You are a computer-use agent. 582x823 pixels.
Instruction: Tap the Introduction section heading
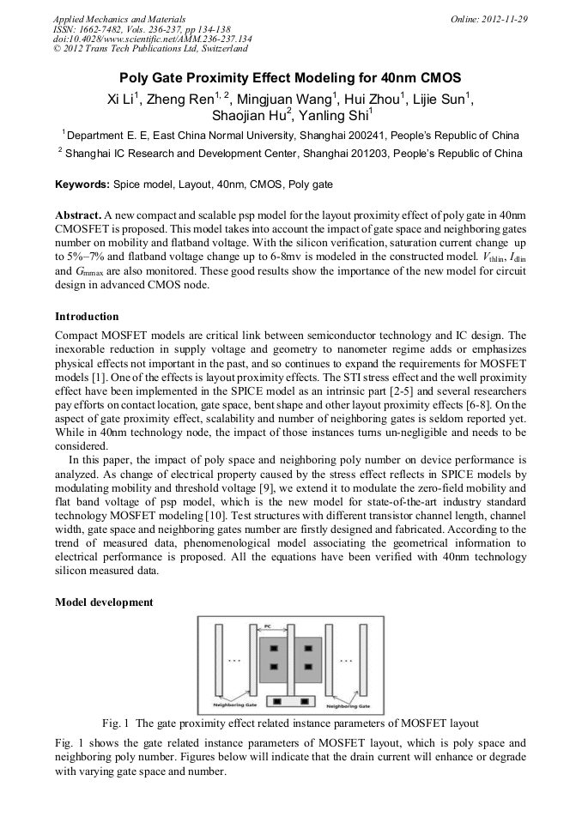[x=87, y=317]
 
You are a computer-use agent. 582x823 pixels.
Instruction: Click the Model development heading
[x=104, y=602]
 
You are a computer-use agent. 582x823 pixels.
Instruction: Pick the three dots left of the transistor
[x=235, y=660]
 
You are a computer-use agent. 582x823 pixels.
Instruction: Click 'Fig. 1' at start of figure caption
[x=114, y=723]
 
